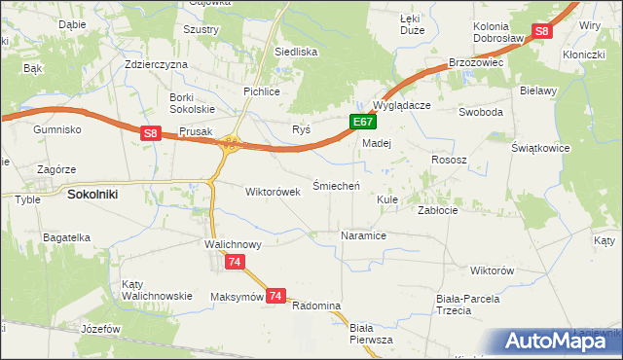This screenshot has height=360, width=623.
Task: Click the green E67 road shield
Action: [362, 122]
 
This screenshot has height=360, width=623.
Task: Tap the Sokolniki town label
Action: [92, 194]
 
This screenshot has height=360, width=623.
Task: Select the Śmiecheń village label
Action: [336, 185]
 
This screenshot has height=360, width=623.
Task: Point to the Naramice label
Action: [364, 235]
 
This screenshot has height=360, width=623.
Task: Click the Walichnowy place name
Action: [232, 244]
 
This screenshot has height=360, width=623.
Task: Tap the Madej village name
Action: [376, 142]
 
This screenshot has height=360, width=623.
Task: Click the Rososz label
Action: [449, 159]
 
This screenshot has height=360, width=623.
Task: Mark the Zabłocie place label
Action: [437, 209]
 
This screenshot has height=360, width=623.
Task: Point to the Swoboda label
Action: [481, 112]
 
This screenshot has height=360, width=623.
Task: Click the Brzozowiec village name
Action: [474, 61]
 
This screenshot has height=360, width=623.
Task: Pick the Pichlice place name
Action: [261, 91]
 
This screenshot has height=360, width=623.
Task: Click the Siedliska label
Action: [296, 52]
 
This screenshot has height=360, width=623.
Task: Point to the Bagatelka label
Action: [66, 236]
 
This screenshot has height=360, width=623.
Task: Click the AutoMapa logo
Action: [556, 341]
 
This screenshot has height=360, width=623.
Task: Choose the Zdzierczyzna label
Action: [156, 63]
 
